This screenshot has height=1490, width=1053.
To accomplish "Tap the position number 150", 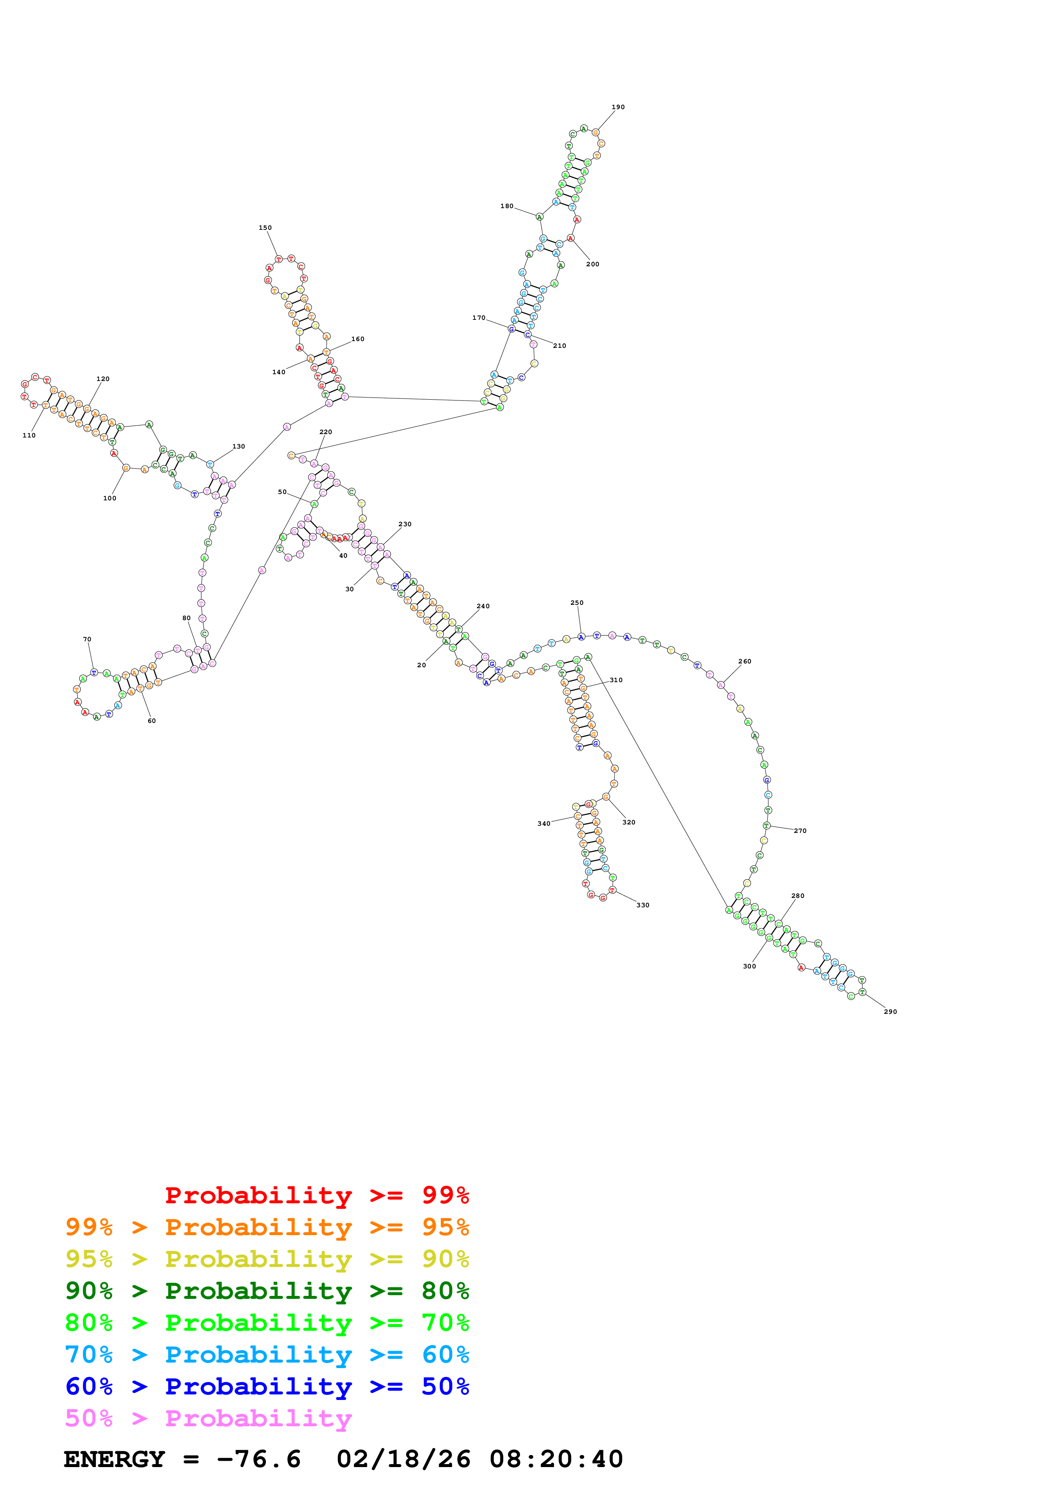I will pyautogui.click(x=265, y=228).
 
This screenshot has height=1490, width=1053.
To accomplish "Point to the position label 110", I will pyautogui.click(x=29, y=435).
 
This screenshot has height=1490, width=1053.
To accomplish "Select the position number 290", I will pyautogui.click(x=890, y=1012).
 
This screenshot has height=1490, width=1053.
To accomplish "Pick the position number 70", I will pyautogui.click(x=87, y=639).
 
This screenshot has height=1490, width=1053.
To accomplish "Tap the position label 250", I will pyautogui.click(x=577, y=603).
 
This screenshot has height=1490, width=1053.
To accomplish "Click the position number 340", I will pyautogui.click(x=544, y=824).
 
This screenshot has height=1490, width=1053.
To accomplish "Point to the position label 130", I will pyautogui.click(x=239, y=446).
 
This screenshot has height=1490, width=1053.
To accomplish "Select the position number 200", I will pyautogui.click(x=593, y=264).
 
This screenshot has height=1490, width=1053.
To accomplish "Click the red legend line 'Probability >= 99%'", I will pyautogui.click(x=316, y=1195).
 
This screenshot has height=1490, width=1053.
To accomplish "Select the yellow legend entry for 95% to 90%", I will pyautogui.click(x=267, y=1259).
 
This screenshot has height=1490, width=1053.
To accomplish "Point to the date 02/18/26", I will pyautogui.click(x=404, y=1459).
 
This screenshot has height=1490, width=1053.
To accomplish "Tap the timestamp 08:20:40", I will pyautogui.click(x=556, y=1459).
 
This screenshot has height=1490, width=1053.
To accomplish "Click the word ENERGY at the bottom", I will pyautogui.click(x=114, y=1459).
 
